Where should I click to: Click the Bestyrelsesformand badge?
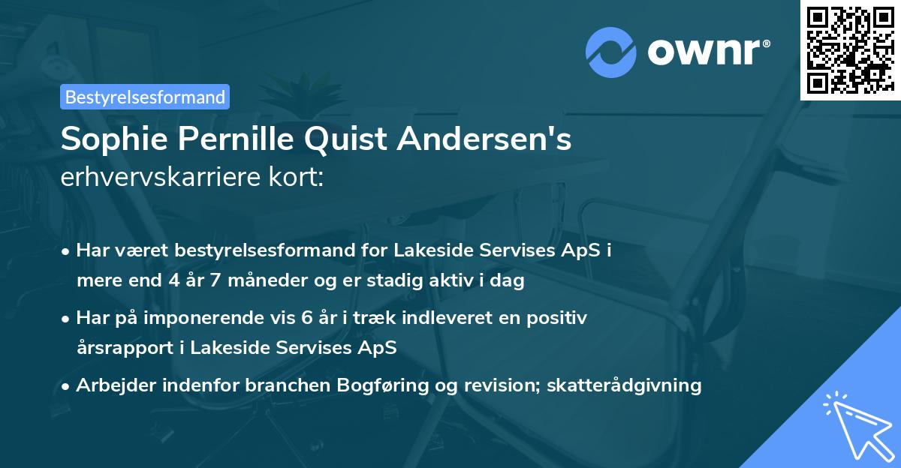click(145, 97)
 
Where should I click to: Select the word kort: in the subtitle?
click(297, 178)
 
